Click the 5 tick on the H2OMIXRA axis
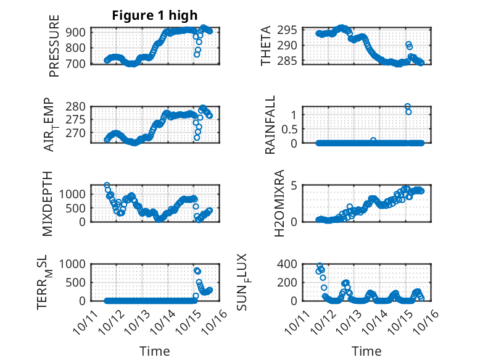(x=294, y=186)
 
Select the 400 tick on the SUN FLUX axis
(x=290, y=264)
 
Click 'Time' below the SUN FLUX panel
(x=366, y=351)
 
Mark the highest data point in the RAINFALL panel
(x=408, y=106)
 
